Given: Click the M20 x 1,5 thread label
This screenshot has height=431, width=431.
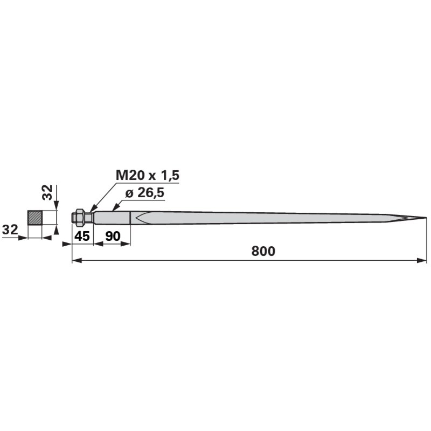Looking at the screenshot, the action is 147,175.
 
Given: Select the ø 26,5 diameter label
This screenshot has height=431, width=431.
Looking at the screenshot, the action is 145,193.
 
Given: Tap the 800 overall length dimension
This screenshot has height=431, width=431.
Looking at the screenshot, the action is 263,251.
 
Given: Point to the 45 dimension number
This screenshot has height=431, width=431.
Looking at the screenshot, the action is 82,236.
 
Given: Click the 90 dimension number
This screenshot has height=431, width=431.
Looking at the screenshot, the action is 113,236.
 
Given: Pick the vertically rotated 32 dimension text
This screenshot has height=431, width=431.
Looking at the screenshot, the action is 47,192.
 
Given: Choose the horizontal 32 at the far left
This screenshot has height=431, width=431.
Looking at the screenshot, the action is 10,230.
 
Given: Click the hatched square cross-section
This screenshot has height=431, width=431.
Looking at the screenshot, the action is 35,218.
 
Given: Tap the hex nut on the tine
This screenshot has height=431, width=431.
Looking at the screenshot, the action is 80,218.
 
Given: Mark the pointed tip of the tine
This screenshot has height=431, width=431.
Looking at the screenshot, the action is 426,218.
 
